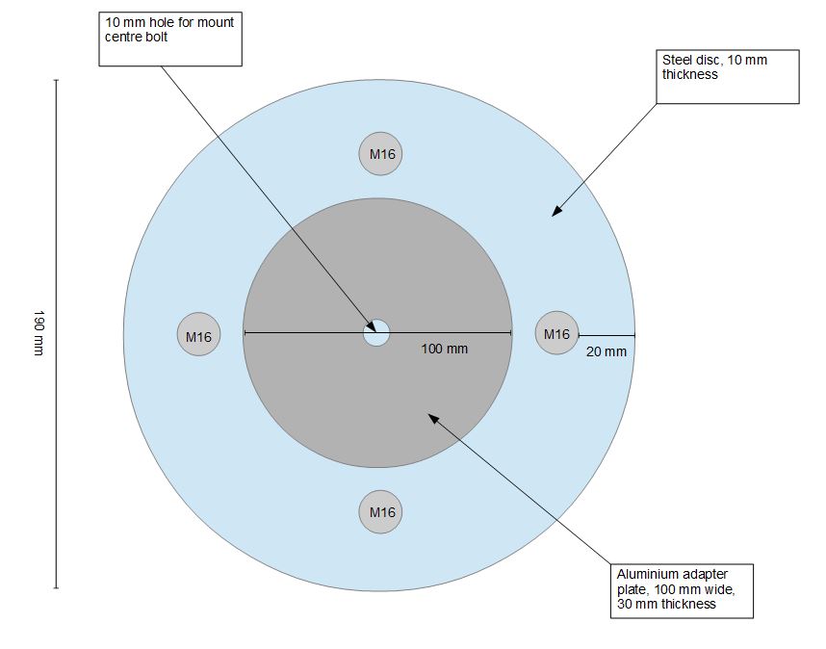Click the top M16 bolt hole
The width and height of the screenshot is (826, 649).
pyautogui.click(x=380, y=154)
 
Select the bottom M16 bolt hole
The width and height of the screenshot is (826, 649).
pyautogui.click(x=380, y=512)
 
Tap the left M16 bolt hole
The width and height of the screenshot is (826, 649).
pyautogui.click(x=199, y=336)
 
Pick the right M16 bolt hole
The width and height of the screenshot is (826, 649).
pyautogui.click(x=556, y=333)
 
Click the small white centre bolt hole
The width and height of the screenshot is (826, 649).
pyautogui.click(x=376, y=333)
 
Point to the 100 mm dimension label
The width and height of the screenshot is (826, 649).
pyautogui.click(x=445, y=349)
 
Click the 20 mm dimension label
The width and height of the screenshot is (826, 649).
pyautogui.click(x=606, y=351)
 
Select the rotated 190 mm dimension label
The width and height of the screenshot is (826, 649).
pyautogui.click(x=39, y=333)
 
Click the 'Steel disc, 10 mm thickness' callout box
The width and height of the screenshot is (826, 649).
pyautogui.click(x=729, y=77)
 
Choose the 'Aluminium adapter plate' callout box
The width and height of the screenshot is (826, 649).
pyautogui.click(x=682, y=589)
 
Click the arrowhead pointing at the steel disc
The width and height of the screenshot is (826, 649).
pyautogui.click(x=555, y=213)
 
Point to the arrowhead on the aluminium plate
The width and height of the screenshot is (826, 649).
pyautogui.click(x=432, y=418)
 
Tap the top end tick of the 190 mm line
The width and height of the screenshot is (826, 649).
pyautogui.click(x=57, y=80)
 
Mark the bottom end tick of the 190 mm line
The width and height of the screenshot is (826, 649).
pyautogui.click(x=57, y=587)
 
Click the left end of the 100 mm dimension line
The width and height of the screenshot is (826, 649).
pyautogui.click(x=245, y=333)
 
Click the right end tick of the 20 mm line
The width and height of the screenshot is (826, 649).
pyautogui.click(x=634, y=334)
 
